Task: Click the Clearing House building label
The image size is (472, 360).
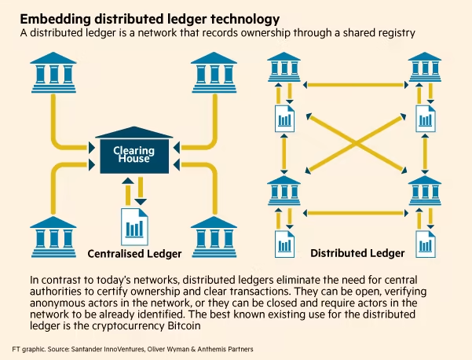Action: coord(134,154)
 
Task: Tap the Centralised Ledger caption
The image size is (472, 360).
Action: coord(134,254)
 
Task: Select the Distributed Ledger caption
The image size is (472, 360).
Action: coord(357,253)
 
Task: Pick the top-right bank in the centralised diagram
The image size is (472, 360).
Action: coord(214,72)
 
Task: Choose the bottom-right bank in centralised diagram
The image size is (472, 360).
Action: coord(214,236)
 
